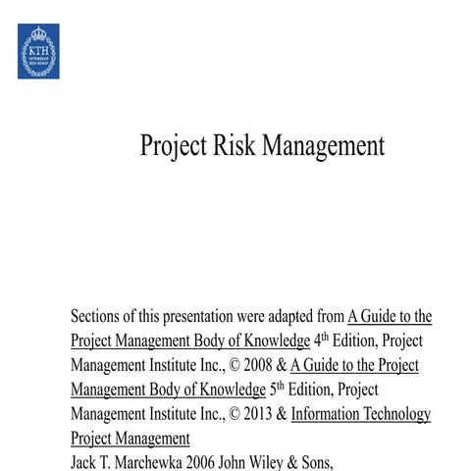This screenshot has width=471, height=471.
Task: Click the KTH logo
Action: pyautogui.click(x=37, y=51)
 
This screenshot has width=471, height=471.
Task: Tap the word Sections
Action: pyautogui.click(x=98, y=317)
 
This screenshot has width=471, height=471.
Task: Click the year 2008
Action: pyautogui.click(x=242, y=365)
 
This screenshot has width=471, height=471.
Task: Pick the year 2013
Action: pyautogui.click(x=258, y=414)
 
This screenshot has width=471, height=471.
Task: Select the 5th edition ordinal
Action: pyautogui.click(x=277, y=388)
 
